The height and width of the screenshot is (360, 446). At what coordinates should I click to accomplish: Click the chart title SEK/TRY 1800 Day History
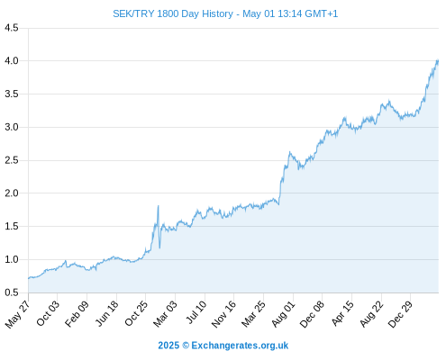click(173, 13)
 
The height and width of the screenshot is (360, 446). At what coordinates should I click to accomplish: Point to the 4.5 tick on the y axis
click(12, 28)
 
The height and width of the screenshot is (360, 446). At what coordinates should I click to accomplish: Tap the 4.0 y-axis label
click(12, 61)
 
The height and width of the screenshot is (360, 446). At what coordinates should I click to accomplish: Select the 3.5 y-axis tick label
click(12, 94)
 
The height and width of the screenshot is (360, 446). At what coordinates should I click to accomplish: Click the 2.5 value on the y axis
click(12, 160)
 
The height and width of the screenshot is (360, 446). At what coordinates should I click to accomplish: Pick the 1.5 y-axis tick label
click(12, 227)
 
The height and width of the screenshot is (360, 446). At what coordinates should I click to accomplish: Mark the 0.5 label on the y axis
click(12, 292)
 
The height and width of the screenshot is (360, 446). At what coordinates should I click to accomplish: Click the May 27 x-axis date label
click(17, 313)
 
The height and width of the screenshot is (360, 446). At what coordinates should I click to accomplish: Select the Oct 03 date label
click(48, 313)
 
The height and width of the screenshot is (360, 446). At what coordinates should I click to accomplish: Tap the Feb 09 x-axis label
click(77, 313)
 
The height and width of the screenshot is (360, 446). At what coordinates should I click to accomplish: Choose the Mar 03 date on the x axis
click(165, 313)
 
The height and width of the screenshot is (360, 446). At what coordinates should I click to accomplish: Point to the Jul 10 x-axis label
click(196, 312)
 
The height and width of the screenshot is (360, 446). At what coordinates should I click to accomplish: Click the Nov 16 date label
click(223, 314)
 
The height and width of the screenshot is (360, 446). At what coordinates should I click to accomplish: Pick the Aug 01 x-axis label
click(284, 314)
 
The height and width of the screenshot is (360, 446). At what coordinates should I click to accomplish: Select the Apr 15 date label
click(342, 313)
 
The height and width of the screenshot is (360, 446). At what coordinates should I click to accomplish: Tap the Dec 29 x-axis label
click(400, 314)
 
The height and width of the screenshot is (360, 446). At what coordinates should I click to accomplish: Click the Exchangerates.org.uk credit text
click(240, 346)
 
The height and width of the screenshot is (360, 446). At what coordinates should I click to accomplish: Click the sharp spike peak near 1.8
click(159, 206)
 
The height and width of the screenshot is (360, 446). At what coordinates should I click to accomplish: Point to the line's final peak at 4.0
click(438, 60)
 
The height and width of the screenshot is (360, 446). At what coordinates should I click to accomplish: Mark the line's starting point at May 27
click(29, 278)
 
